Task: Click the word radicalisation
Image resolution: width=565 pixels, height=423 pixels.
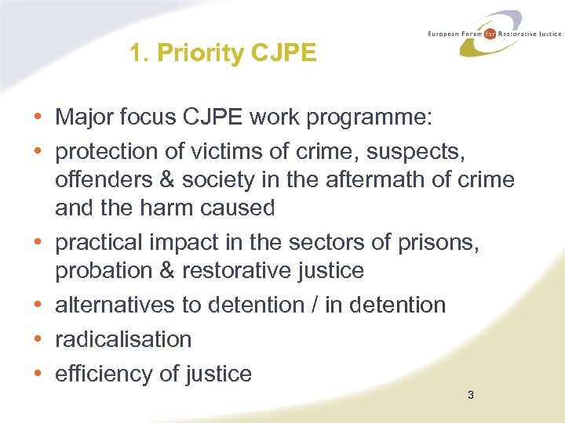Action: pos(123,339)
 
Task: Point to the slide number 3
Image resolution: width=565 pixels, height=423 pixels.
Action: pos(470,396)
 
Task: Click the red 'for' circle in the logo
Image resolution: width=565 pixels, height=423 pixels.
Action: pos(490,34)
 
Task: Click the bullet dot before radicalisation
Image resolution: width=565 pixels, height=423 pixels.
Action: pos(38,339)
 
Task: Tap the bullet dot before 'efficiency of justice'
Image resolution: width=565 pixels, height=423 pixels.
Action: pos(38,374)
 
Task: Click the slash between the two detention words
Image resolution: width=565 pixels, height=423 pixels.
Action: pos(314,305)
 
